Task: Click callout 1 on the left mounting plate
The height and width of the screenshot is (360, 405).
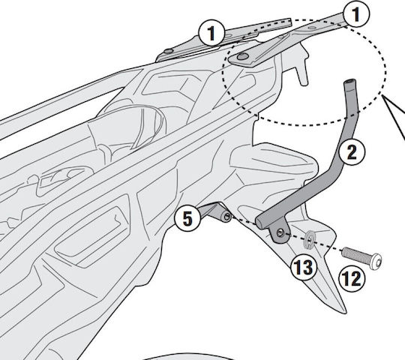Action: [211, 33]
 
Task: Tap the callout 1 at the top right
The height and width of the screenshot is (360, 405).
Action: [356, 13]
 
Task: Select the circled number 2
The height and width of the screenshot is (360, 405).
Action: [352, 152]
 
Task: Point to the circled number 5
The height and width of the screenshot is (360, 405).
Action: [187, 219]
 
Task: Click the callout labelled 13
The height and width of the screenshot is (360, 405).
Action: [304, 267]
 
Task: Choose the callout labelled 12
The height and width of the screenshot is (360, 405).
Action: [352, 279]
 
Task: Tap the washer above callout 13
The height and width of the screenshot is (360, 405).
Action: [310, 240]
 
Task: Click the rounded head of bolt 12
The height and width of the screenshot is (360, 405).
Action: [376, 262]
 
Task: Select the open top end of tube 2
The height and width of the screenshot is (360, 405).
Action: [349, 82]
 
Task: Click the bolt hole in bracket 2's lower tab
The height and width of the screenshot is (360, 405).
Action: [280, 233]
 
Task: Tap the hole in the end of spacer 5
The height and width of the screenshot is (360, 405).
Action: [227, 217]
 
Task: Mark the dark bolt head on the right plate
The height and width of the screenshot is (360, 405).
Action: [243, 56]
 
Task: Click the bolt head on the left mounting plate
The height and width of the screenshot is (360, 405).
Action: [169, 51]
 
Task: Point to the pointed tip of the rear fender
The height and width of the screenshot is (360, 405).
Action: [346, 313]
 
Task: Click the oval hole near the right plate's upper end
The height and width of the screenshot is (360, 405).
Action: [312, 27]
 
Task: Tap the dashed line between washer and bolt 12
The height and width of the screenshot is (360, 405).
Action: [328, 245]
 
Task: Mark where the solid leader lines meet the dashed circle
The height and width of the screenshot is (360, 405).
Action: [382, 96]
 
